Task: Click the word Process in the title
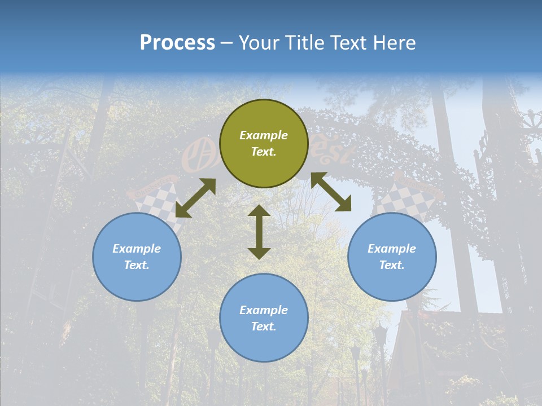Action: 177,43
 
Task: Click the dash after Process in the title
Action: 226,43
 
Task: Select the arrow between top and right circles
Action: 331,192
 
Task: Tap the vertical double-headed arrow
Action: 259,232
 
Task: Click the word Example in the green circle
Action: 264,135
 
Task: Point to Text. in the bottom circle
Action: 264,326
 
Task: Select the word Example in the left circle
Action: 137,249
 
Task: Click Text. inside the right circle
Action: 392,265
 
